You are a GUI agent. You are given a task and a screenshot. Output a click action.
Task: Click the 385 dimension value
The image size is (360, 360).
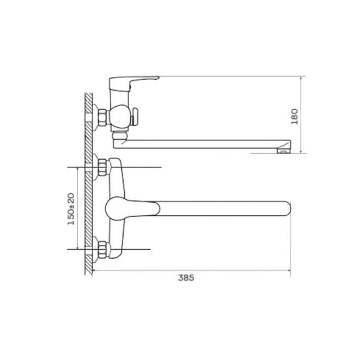tap(186, 278)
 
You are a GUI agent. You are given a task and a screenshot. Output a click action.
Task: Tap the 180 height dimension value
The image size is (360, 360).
tap(295, 116)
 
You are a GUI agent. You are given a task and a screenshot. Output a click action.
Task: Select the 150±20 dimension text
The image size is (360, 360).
tap(71, 209)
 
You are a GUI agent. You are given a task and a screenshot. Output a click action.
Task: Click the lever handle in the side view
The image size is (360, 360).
tap(133, 83)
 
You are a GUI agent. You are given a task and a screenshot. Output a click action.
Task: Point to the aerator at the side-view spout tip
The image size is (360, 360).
tap(283, 151)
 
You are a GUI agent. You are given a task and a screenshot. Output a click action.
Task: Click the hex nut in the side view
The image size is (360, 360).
tap(103, 118)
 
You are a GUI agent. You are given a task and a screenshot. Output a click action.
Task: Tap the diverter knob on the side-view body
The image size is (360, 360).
tap(134, 117)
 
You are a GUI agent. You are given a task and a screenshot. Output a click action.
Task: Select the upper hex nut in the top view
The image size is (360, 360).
tap(103, 167)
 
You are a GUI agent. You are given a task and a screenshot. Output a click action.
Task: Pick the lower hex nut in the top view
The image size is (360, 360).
tap(103, 250)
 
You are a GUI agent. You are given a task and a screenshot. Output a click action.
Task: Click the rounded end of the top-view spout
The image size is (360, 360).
tap(287, 209)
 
